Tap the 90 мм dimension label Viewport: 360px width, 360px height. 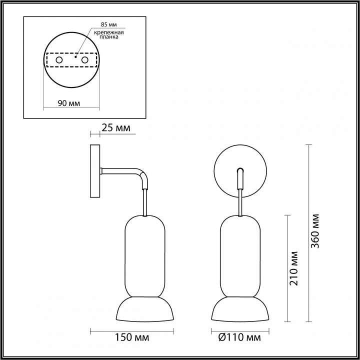pos(68,103)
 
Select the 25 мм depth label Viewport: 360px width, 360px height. pos(115,129)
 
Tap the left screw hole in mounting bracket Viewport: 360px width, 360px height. pos(59,60)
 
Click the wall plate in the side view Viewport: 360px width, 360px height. pos(95,172)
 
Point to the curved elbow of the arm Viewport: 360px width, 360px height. pos(143,177)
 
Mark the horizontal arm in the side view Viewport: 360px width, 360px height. pos(120,171)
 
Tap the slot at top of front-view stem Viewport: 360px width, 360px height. pos(240,171)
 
